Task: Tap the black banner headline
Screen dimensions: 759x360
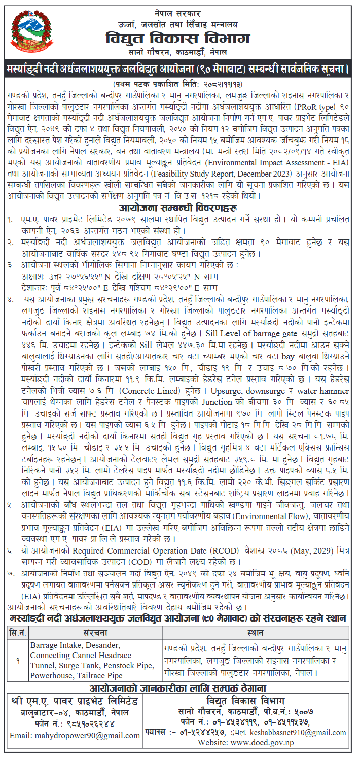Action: (x=180, y=68)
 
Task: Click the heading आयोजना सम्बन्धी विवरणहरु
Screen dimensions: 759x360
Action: (x=180, y=208)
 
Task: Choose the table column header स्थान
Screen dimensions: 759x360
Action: (x=255, y=633)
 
